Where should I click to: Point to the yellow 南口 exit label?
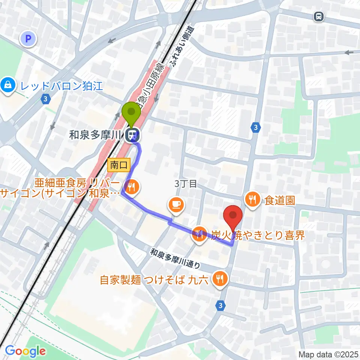[118, 165]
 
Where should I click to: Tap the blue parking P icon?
[28, 38]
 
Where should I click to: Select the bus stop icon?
[318, 16]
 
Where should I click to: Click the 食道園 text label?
[280, 199]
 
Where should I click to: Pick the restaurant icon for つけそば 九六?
[219, 279]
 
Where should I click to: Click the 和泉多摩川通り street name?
[176, 258]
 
